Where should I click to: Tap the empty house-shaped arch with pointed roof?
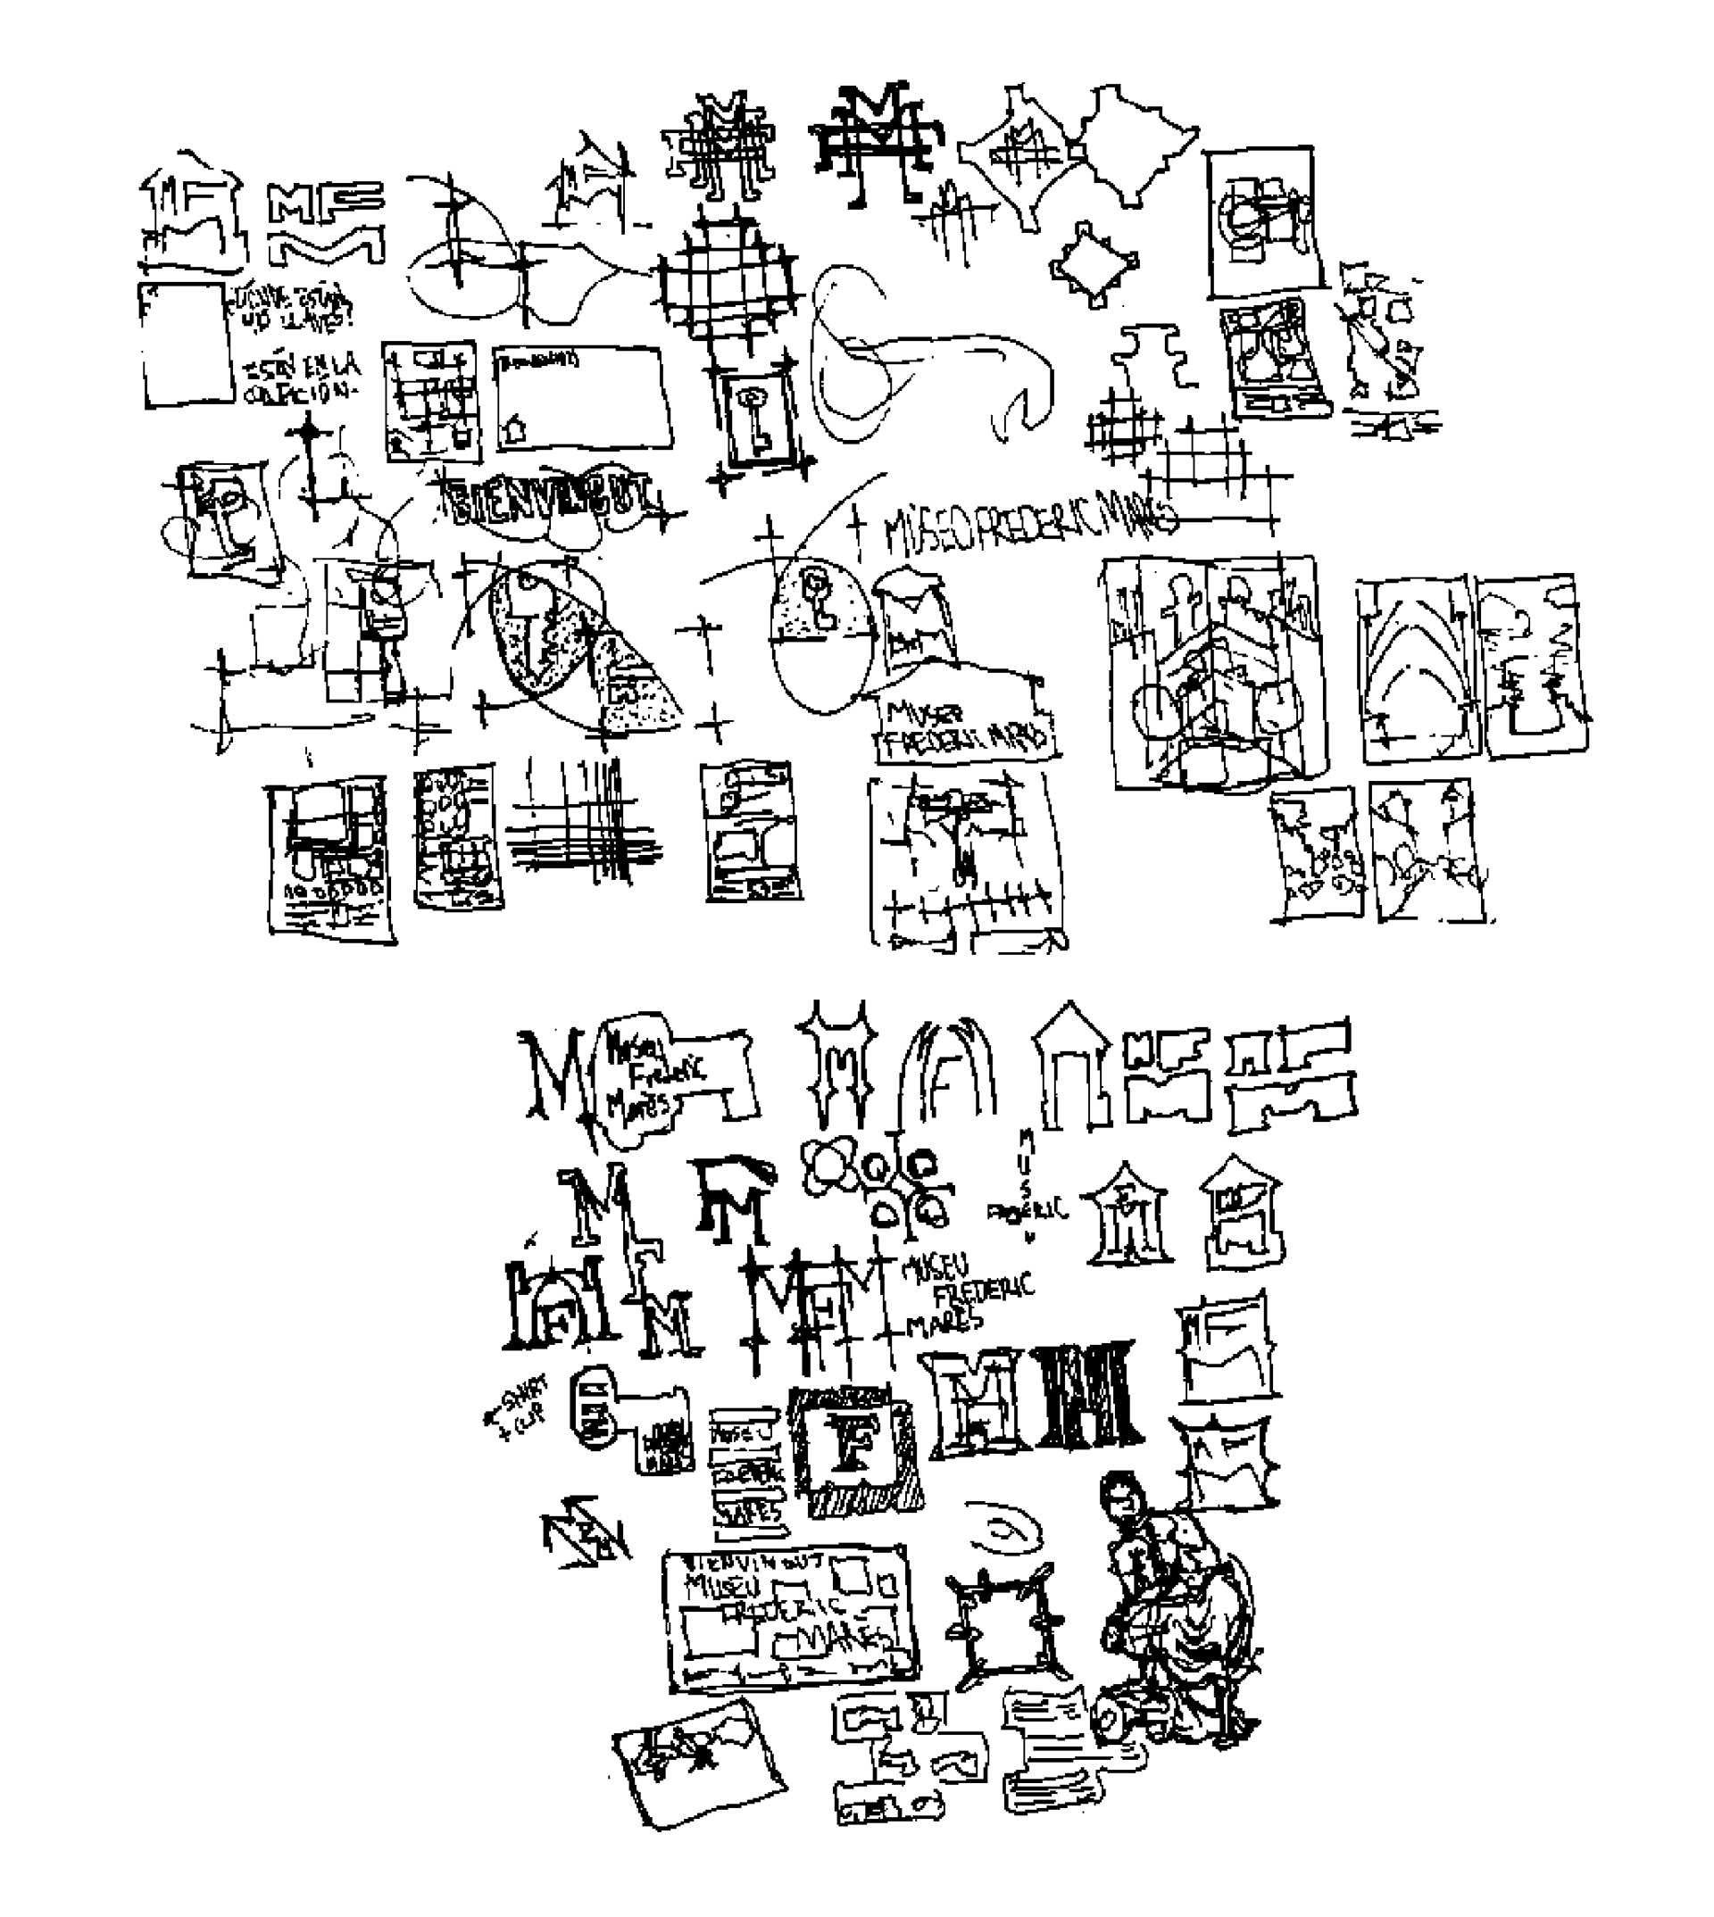[x=1077, y=1071]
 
